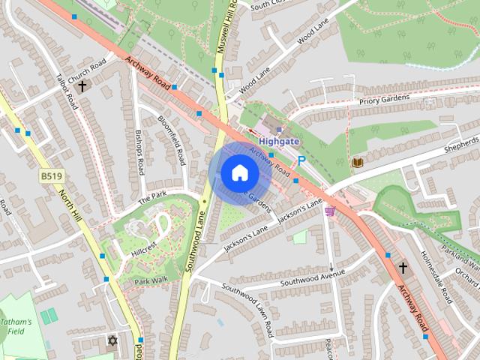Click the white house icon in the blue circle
238,173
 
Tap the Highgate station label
279,140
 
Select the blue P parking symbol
301,160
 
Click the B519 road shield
50,176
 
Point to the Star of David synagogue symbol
113,341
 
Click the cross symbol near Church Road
82,86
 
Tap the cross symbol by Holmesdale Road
403,268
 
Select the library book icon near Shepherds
358,162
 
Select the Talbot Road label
67,91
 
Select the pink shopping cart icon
329,211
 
